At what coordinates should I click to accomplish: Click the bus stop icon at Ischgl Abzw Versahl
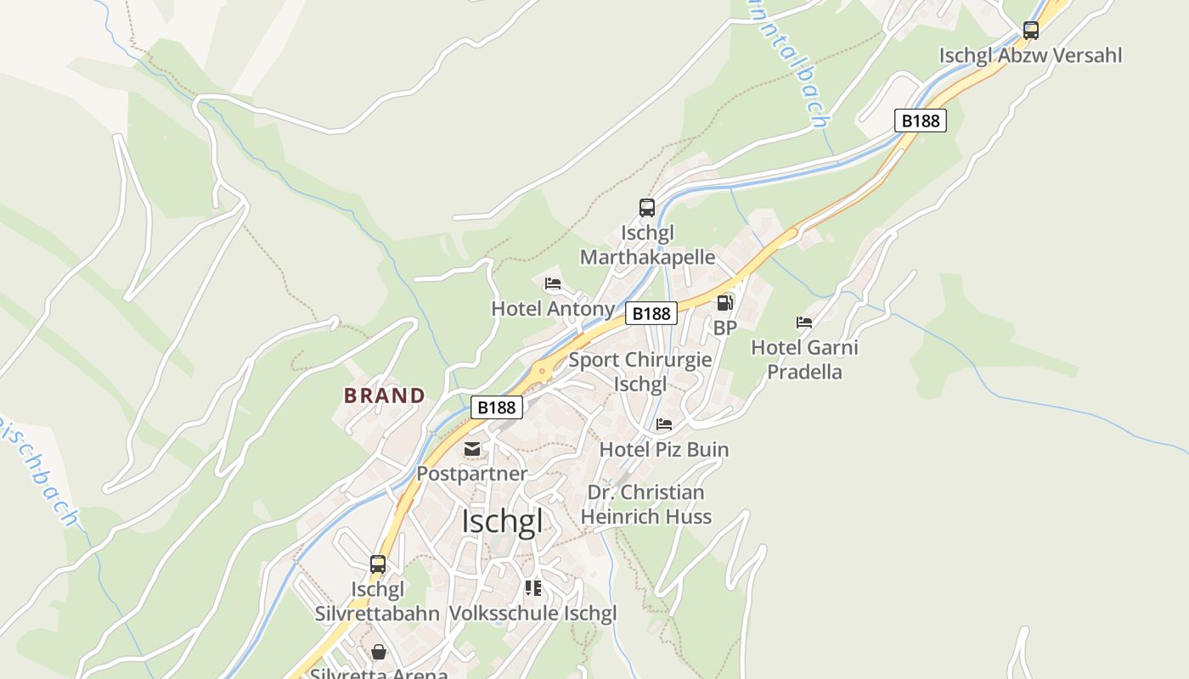(1030, 31)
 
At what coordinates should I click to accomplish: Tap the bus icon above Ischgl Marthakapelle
(647, 208)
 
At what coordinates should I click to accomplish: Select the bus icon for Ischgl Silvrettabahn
(378, 564)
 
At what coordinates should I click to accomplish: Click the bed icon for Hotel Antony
(553, 283)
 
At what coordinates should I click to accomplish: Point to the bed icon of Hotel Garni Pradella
(804, 323)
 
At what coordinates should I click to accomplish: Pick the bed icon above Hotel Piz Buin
(664, 424)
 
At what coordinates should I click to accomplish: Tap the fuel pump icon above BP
(724, 303)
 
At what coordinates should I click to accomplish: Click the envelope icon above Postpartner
(472, 449)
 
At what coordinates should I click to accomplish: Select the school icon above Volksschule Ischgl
(533, 588)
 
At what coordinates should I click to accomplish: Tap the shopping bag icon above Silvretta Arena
(378, 652)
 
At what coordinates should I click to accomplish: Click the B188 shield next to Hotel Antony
(652, 314)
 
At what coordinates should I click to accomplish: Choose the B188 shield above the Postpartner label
(497, 407)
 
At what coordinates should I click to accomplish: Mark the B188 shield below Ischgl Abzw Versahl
(921, 121)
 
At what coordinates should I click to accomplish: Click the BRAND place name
(385, 396)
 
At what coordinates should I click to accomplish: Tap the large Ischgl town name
(502, 521)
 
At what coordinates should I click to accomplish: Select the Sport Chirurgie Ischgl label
(640, 372)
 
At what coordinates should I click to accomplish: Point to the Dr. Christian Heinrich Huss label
(645, 504)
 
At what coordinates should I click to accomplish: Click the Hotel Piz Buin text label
(664, 450)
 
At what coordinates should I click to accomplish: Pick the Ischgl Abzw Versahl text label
(1030, 56)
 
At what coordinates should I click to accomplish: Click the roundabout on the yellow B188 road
(541, 371)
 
